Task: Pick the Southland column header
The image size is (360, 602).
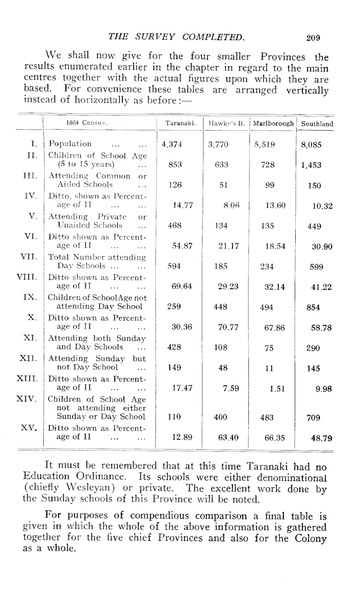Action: point(317,124)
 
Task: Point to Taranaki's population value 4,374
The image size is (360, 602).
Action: point(173,145)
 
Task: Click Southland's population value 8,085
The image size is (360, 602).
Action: point(312,145)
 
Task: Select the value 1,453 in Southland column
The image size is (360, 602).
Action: point(312,165)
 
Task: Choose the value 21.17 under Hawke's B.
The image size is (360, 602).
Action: point(227,246)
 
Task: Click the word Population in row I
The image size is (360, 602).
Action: point(70,144)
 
